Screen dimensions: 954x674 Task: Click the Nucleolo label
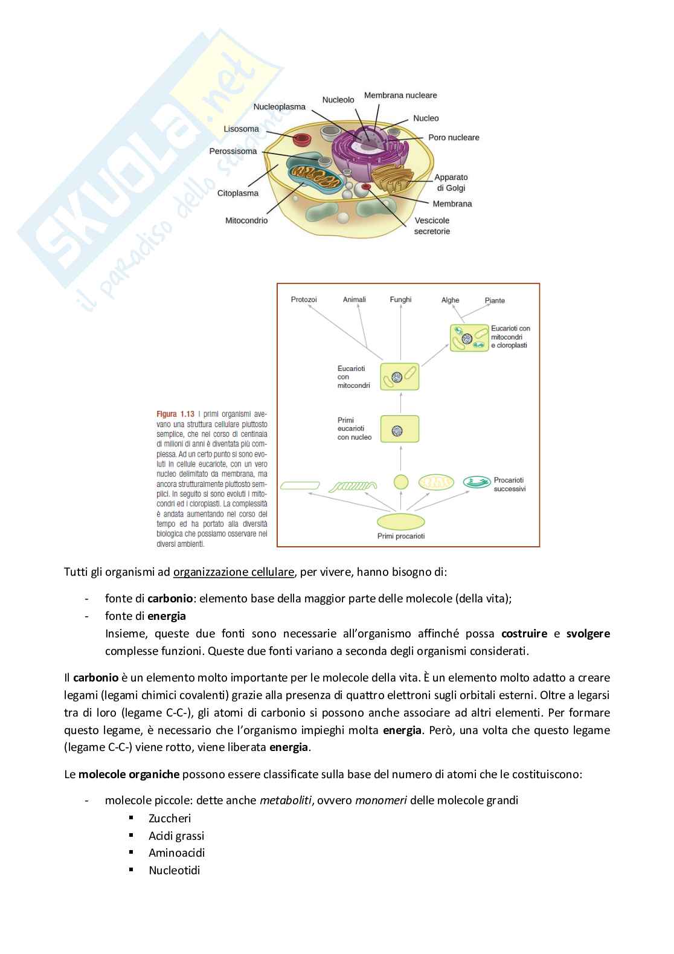[x=338, y=100]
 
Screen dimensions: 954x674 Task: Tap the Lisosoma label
[x=241, y=129]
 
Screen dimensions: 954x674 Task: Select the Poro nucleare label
[x=454, y=138]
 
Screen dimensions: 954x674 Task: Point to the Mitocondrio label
[x=246, y=221]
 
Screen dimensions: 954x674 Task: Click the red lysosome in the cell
[x=301, y=140]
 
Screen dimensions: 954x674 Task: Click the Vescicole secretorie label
[x=432, y=226]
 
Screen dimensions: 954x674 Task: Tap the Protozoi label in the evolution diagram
[x=304, y=300]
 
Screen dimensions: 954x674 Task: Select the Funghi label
[x=400, y=300]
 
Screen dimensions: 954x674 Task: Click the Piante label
[x=495, y=300]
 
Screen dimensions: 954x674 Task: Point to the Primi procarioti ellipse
[x=400, y=521]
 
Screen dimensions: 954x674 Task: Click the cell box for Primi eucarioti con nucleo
[x=399, y=429]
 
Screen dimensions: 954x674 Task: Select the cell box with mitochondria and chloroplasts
[x=469, y=338]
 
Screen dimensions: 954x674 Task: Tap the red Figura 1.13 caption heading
[x=175, y=414]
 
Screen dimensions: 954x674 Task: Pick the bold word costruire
[x=524, y=634]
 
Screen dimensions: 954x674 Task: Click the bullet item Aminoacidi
[x=176, y=852]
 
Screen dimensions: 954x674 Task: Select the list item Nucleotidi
[x=174, y=870]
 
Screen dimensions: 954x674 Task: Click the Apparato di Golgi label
[x=451, y=182]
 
